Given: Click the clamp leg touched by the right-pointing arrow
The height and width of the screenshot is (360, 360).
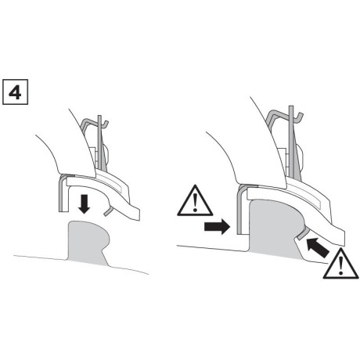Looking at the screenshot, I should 240,215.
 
